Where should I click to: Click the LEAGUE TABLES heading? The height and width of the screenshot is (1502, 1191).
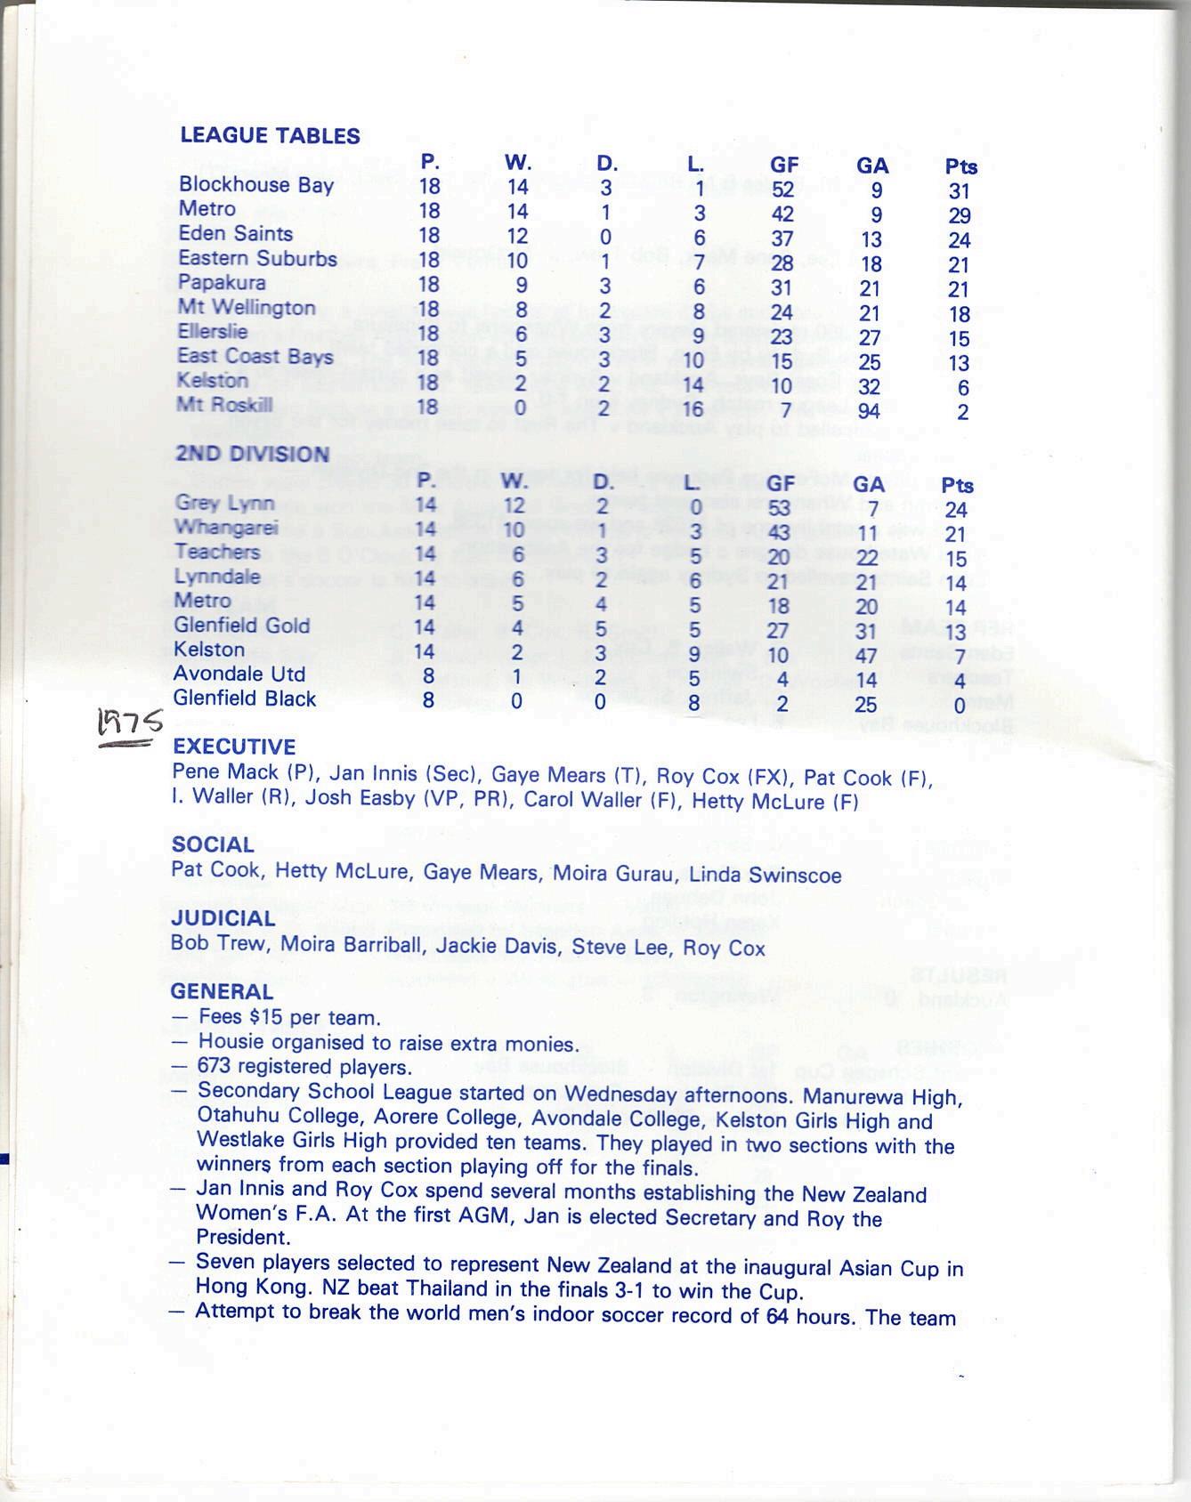pyautogui.click(x=270, y=135)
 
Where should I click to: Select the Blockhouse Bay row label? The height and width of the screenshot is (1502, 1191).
pyautogui.click(x=255, y=185)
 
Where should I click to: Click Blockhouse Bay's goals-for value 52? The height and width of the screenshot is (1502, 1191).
pyautogui.click(x=783, y=190)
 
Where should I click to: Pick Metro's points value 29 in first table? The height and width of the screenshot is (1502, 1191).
pyautogui.click(x=959, y=216)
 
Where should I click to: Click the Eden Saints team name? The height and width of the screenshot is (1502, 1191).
pyautogui.click(x=235, y=234)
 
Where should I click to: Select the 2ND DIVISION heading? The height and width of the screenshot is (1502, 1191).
pyautogui.click(x=252, y=454)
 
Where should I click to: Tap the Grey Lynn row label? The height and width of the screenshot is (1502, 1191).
pyautogui.click(x=224, y=504)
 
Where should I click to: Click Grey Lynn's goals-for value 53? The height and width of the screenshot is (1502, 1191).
pyautogui.click(x=780, y=509)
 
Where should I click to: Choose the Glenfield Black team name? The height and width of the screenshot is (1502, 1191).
pyautogui.click(x=244, y=699)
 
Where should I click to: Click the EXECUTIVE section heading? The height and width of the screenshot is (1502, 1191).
pyautogui.click(x=233, y=747)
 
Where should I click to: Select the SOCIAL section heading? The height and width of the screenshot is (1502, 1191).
pyautogui.click(x=212, y=844)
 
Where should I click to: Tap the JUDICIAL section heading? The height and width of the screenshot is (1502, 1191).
pyautogui.click(x=223, y=918)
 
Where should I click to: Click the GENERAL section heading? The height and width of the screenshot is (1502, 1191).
pyautogui.click(x=221, y=991)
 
